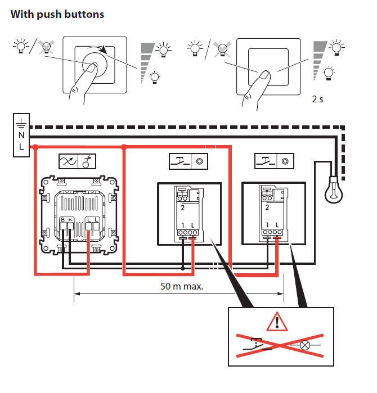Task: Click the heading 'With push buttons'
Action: [x=57, y=15]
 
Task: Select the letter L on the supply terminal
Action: [x=21, y=147]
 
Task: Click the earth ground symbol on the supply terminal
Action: [x=21, y=122]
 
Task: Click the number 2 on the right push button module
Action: [x=266, y=207]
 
